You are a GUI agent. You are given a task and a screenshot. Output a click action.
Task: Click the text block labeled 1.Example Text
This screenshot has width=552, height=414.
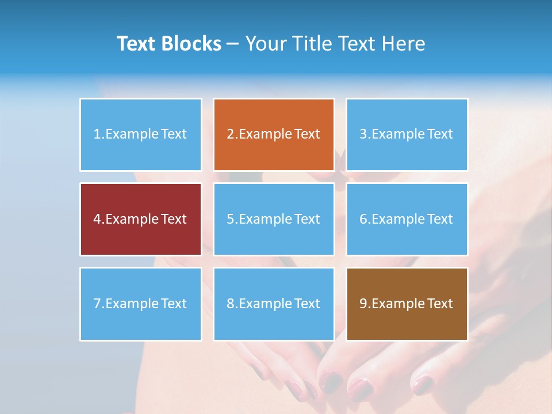point(140,135)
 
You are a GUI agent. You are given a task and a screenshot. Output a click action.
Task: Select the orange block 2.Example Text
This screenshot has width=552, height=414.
point(274,135)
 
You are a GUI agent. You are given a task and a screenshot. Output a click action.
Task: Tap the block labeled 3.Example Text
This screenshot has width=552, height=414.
point(407,135)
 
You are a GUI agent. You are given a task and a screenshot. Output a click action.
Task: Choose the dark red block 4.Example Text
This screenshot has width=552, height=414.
point(140,219)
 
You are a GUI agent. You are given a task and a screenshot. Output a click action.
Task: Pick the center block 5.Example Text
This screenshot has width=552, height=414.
point(274,219)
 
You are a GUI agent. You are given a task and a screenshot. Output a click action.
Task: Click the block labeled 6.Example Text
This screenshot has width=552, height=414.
point(407,219)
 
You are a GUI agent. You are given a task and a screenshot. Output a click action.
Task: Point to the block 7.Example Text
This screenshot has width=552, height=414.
point(140,304)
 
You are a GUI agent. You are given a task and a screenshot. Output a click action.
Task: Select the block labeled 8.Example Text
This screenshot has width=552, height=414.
point(274,304)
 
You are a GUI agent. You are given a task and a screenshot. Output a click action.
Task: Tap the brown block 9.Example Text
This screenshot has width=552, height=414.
point(407,304)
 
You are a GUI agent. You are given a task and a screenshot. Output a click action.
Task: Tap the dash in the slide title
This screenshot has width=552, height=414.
point(233,44)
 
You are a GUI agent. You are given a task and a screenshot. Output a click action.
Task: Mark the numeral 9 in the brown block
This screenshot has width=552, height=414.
point(363,304)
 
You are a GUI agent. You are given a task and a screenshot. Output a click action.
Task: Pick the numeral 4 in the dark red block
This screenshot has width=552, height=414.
point(97,219)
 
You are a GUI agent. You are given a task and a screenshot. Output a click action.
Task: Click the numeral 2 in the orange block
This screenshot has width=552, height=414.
point(230,135)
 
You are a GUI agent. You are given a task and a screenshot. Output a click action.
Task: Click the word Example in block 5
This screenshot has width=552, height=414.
point(265,219)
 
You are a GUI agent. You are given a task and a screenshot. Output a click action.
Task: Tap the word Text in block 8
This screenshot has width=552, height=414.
point(308,304)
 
